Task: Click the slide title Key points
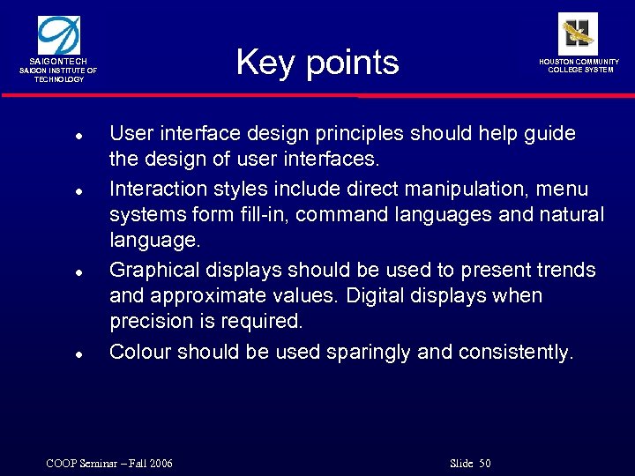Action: coord(317,63)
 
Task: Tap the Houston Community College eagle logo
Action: coord(579,33)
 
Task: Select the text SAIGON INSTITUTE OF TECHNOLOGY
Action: coord(59,75)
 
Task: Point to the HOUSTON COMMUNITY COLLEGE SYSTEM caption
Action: coord(579,65)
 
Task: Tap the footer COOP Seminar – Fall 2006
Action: coord(108,464)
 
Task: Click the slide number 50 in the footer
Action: coord(484,464)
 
